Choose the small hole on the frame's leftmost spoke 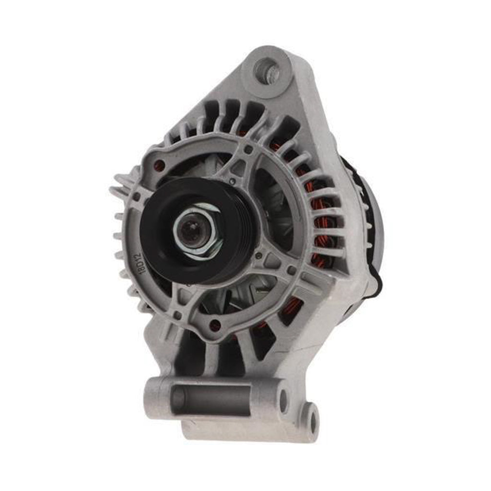pos(137,196)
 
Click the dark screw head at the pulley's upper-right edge pos(233,181)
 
